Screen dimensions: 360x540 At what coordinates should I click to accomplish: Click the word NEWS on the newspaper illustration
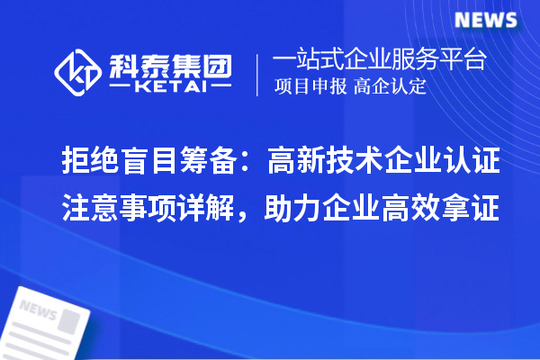pyautogui.click(x=38, y=311)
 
